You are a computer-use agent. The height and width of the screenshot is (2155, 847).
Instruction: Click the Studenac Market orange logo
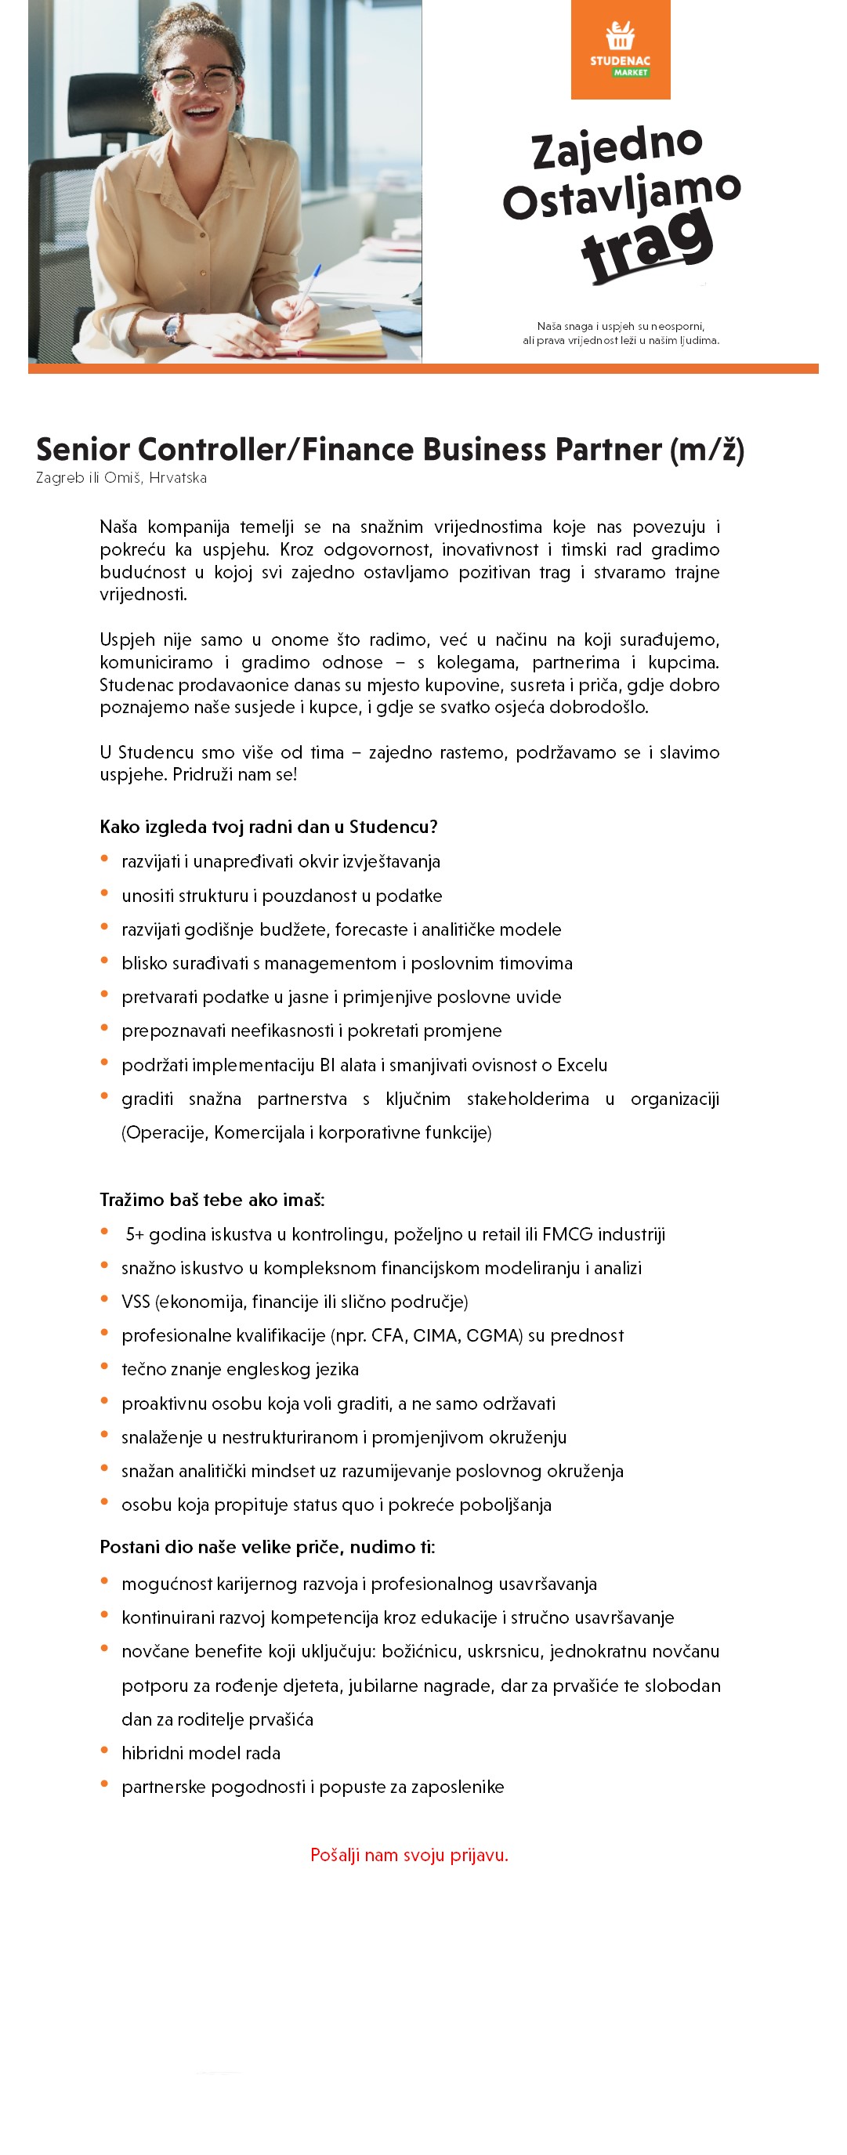[620, 49]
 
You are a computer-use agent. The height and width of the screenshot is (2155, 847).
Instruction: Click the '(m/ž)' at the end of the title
[707, 450]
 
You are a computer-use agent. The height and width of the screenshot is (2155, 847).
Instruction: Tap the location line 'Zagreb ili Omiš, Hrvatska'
[121, 478]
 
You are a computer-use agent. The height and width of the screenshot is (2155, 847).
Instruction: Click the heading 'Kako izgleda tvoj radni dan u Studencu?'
[269, 827]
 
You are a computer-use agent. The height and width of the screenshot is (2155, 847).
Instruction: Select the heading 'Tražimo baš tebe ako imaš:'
[212, 1200]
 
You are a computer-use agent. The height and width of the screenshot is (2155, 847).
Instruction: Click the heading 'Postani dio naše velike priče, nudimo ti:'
[266, 1547]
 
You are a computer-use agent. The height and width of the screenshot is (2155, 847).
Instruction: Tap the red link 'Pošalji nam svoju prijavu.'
[409, 1855]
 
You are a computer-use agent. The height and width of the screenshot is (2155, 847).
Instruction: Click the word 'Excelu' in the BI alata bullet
[582, 1065]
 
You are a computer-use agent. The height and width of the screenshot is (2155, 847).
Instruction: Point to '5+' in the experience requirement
[135, 1234]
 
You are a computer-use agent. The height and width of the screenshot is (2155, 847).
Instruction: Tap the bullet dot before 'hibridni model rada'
[104, 1750]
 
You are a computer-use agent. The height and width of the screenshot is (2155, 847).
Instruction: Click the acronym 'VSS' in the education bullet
[136, 1302]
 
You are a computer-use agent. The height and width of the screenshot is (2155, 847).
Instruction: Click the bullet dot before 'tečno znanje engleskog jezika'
[104, 1366]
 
